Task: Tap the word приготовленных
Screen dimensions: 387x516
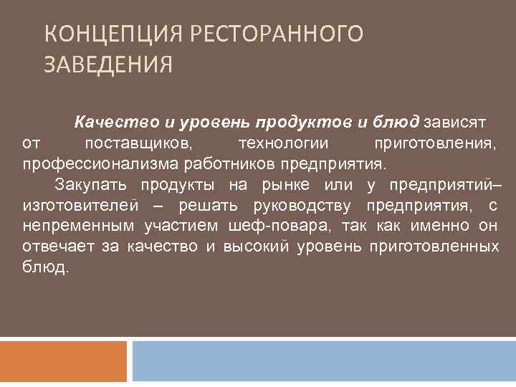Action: pyautogui.click(x=434, y=247)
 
